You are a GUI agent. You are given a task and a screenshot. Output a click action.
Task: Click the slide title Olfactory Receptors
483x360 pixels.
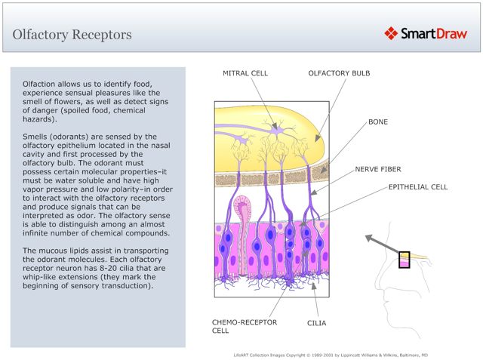pos(72,35)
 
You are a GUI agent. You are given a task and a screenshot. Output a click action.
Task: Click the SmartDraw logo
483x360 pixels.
pos(427,33)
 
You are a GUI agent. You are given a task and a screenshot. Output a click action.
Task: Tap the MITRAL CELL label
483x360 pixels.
pos(245,73)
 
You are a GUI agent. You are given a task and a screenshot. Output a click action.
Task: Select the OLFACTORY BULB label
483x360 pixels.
pos(337,73)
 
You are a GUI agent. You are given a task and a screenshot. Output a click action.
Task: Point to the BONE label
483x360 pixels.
pos(378,121)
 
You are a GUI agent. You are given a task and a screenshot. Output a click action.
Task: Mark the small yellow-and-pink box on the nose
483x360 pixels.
pos(405,260)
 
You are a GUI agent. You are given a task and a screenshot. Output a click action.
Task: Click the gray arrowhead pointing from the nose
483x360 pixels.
pos(369,238)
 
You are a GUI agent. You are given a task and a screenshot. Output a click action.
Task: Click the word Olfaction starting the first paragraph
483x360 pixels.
pos(42,82)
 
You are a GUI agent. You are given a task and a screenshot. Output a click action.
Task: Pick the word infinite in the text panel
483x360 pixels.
pos(38,232)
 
